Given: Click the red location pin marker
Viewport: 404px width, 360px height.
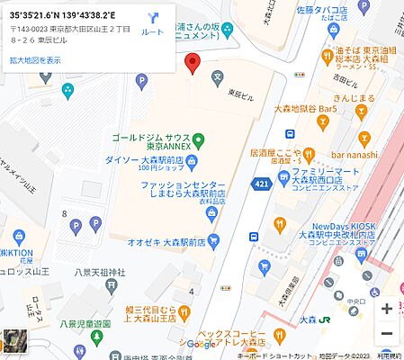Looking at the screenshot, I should click(191, 64).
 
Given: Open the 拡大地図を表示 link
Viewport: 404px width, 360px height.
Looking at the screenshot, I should click(36, 60).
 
